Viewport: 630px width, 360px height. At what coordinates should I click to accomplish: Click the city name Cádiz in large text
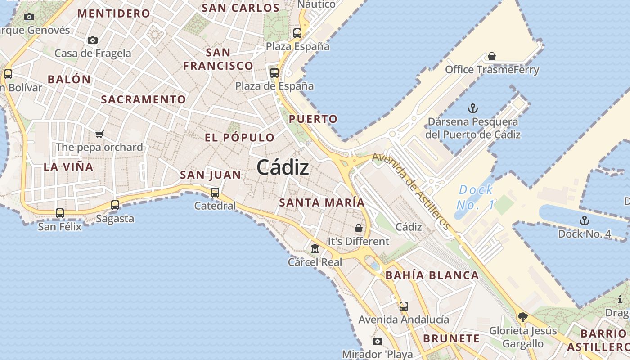click(x=283, y=168)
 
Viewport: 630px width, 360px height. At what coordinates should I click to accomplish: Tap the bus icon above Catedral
click(x=215, y=193)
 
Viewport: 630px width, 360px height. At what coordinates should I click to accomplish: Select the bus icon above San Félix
click(x=60, y=213)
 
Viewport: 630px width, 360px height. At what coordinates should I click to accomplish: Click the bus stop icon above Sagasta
click(x=115, y=205)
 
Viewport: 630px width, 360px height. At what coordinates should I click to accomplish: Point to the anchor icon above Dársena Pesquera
click(x=472, y=108)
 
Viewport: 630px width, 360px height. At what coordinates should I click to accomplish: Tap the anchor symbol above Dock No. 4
click(x=584, y=220)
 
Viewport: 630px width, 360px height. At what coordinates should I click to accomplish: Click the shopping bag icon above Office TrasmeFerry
click(x=492, y=56)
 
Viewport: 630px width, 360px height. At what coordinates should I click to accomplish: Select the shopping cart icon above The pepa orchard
click(x=99, y=134)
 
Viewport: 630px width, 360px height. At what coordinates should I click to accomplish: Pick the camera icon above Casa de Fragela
click(x=93, y=40)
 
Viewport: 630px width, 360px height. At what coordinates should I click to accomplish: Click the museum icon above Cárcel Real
click(x=315, y=248)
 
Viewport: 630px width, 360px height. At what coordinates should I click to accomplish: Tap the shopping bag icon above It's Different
click(x=359, y=228)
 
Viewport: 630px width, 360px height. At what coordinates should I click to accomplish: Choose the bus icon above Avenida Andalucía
click(x=404, y=306)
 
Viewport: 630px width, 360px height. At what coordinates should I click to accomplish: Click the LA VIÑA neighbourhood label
click(x=68, y=167)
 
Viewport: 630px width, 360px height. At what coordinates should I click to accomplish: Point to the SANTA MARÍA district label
click(x=322, y=202)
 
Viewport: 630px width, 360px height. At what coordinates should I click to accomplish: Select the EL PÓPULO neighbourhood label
click(x=239, y=138)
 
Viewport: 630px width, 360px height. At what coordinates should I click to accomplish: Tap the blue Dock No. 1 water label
click(x=476, y=197)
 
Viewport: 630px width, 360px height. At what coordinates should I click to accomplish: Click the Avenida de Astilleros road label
click(x=411, y=190)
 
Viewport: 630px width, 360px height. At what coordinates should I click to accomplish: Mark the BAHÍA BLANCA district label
click(x=432, y=275)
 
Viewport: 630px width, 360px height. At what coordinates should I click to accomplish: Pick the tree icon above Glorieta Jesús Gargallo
click(x=522, y=317)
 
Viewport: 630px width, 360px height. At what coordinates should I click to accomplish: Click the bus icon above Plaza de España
click(x=274, y=72)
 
